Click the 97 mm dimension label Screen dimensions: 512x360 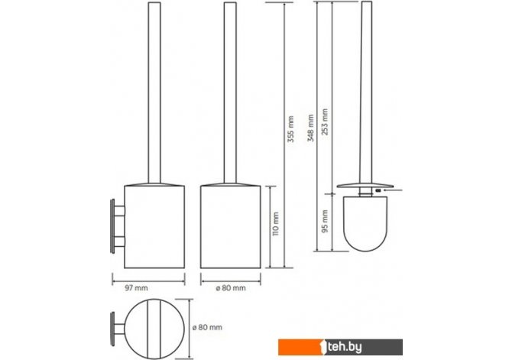pyautogui.click(x=136, y=288)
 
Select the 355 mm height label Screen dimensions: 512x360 pyautogui.click(x=290, y=129)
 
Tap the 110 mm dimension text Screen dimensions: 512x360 pyautogui.click(x=276, y=224)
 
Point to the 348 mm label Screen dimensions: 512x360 pyautogui.click(x=310, y=128)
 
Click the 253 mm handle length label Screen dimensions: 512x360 pyautogui.click(x=325, y=122)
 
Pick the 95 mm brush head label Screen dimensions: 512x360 pyautogui.click(x=326, y=221)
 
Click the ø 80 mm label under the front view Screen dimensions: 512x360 pyautogui.click(x=231, y=288)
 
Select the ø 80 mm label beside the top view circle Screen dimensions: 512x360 pyautogui.click(x=207, y=327)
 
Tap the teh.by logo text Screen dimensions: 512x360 pyautogui.click(x=345, y=347)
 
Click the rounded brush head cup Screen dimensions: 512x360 pyautogui.click(x=365, y=224)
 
